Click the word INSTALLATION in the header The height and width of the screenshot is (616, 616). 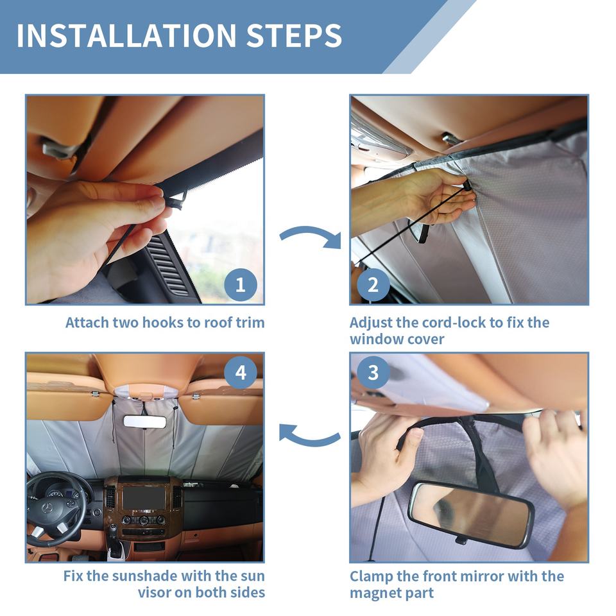tap(126, 36)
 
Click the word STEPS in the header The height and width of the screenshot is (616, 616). tap(295, 36)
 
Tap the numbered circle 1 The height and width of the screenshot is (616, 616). tap(241, 285)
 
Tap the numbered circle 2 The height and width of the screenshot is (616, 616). tap(373, 285)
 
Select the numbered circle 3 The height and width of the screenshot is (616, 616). tap(373, 372)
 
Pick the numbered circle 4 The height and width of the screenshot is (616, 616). tap(241, 372)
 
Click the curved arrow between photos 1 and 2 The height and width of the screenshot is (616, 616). tap(311, 235)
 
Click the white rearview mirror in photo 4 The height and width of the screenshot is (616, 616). tap(144, 422)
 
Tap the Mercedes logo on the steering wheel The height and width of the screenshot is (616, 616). tap(47, 508)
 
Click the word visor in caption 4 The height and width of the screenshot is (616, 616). tap(155, 592)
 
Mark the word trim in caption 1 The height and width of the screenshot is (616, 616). tap(250, 323)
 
